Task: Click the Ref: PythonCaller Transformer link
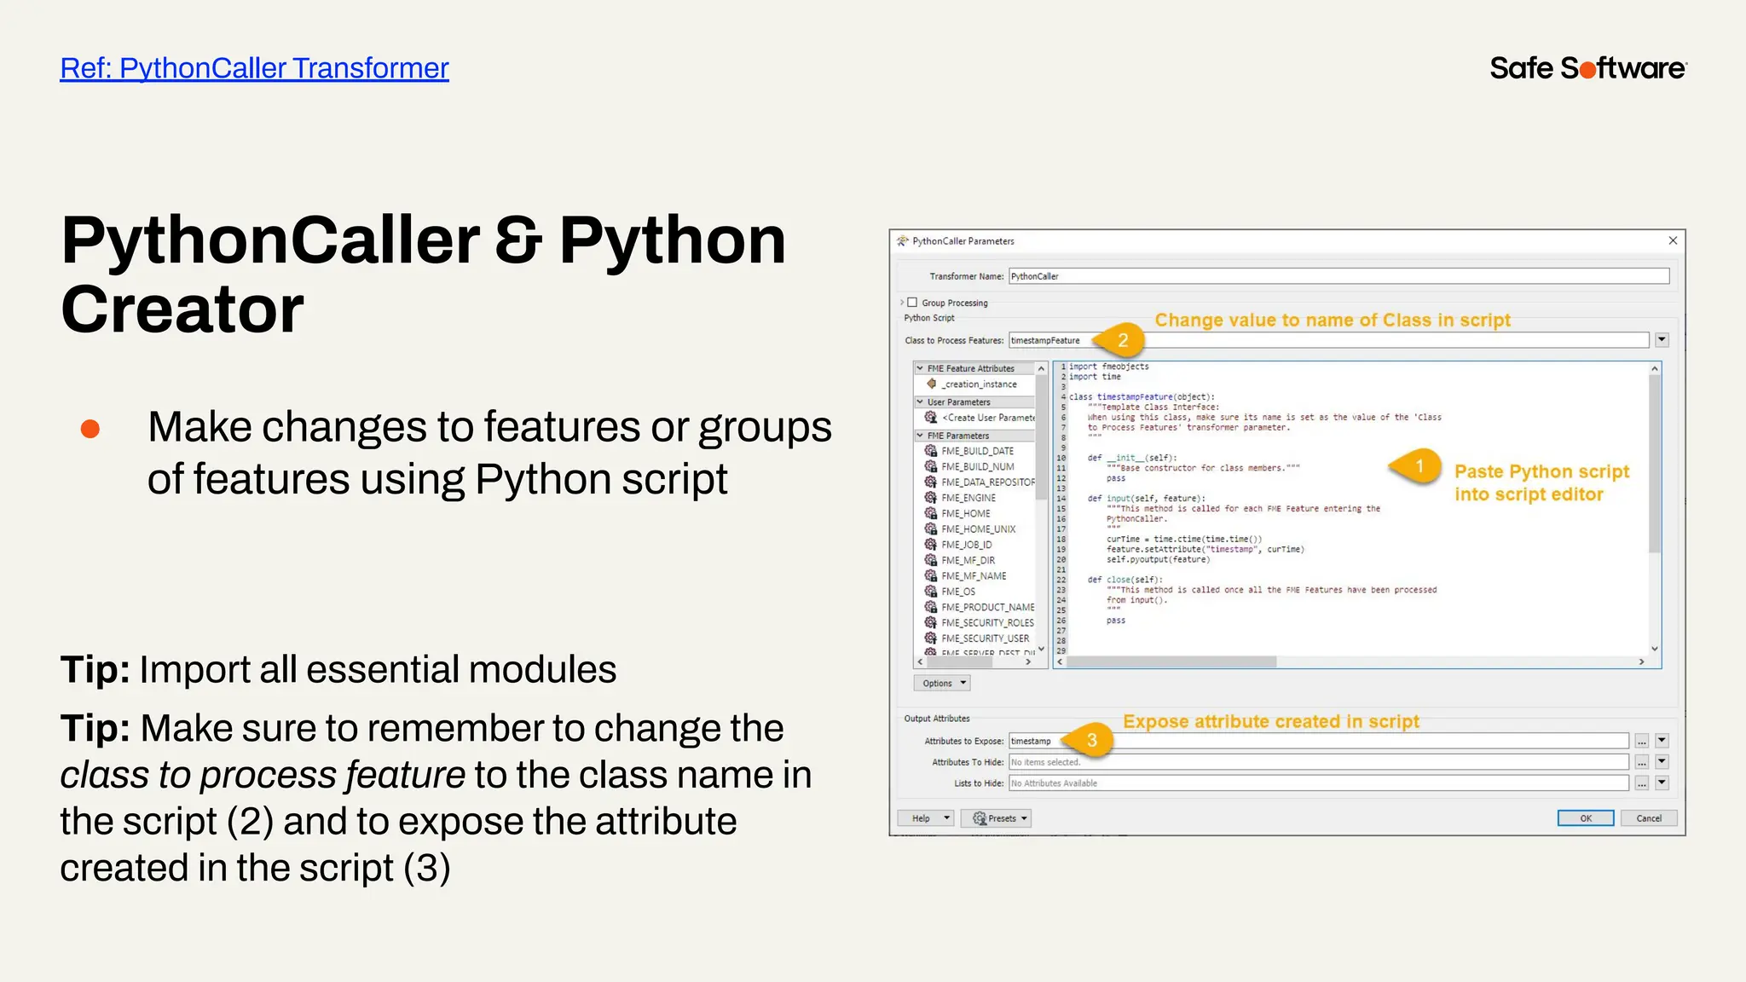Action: coord(254,68)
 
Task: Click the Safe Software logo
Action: coord(1587,68)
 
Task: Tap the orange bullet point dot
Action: coord(90,429)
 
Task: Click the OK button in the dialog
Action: coord(1585,818)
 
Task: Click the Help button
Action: coord(925,818)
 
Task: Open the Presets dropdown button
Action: coord(996,818)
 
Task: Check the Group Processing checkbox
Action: coord(912,303)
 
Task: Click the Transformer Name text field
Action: coord(1338,276)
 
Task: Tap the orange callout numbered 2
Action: coord(1123,340)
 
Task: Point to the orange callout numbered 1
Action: coord(1419,466)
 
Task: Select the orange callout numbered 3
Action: coord(1091,741)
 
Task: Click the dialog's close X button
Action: coord(1673,241)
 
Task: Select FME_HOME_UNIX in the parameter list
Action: coord(978,529)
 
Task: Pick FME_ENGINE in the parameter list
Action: coord(968,498)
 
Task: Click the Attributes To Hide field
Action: coord(1318,762)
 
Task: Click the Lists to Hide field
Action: coord(1318,783)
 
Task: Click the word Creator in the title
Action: coord(182,309)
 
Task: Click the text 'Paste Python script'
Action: coord(1541,472)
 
